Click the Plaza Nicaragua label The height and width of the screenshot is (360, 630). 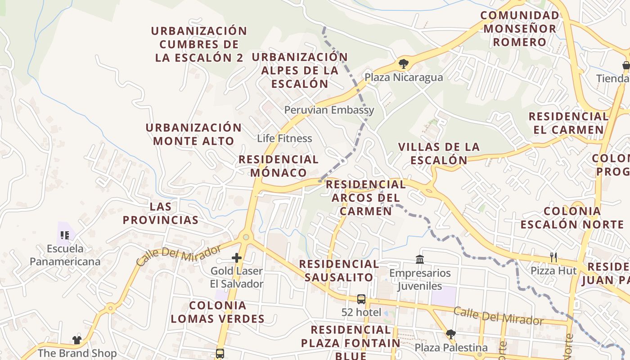pos(404,77)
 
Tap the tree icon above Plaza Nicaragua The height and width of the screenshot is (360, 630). pos(403,64)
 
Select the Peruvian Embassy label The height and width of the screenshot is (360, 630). pos(329,110)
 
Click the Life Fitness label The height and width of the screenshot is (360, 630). pos(284,138)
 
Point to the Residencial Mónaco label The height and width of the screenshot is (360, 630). pos(279,166)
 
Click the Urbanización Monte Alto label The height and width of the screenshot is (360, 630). pos(193,134)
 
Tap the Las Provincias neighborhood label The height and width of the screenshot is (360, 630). pos(161,213)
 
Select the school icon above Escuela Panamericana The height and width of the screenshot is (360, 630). pos(64,235)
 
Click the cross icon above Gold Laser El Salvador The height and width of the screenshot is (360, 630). pos(237,258)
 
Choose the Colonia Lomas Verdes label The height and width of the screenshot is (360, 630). pos(218,312)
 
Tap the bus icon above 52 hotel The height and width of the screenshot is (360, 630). pos(361,299)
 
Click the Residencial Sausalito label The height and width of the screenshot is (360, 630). pos(339,270)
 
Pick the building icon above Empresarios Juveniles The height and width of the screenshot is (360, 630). pos(420,260)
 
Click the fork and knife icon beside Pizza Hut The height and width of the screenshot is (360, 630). pos(553,257)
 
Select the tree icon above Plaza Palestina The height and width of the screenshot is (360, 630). pos(450,334)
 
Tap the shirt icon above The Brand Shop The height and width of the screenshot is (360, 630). pos(77,340)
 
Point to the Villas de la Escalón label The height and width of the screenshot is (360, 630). pos(439,153)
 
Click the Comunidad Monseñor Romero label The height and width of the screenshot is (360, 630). pos(519,29)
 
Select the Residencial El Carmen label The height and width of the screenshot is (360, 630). pos(568,123)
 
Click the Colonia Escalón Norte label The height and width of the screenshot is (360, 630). pos(571,218)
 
